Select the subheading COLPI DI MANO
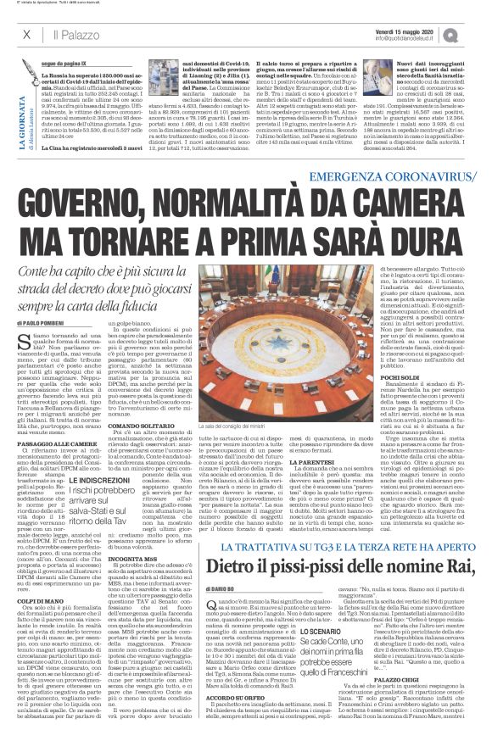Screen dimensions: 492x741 (x=40, y=575)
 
